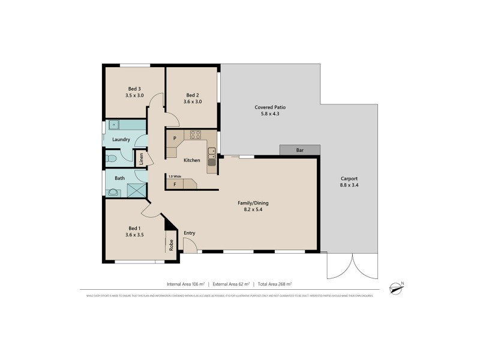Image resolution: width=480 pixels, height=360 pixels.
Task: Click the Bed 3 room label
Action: (x=134, y=88)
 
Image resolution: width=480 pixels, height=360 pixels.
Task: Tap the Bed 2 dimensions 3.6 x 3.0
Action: (x=192, y=101)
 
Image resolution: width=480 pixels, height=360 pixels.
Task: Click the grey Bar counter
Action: (x=300, y=150)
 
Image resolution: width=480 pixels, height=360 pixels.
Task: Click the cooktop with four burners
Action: (x=195, y=135)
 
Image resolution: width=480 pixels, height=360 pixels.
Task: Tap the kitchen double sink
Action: (x=212, y=157)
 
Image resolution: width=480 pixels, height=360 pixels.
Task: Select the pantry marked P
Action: (x=175, y=138)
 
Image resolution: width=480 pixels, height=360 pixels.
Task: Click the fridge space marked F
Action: (x=175, y=184)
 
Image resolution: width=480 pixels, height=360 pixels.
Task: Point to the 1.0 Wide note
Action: (x=175, y=176)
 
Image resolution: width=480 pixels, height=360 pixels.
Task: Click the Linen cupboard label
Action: (x=142, y=159)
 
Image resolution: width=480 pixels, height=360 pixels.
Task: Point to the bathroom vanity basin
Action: (x=112, y=193)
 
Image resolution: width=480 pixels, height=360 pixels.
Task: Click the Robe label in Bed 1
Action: (x=171, y=245)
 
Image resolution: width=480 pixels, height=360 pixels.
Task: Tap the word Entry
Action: (x=190, y=233)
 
